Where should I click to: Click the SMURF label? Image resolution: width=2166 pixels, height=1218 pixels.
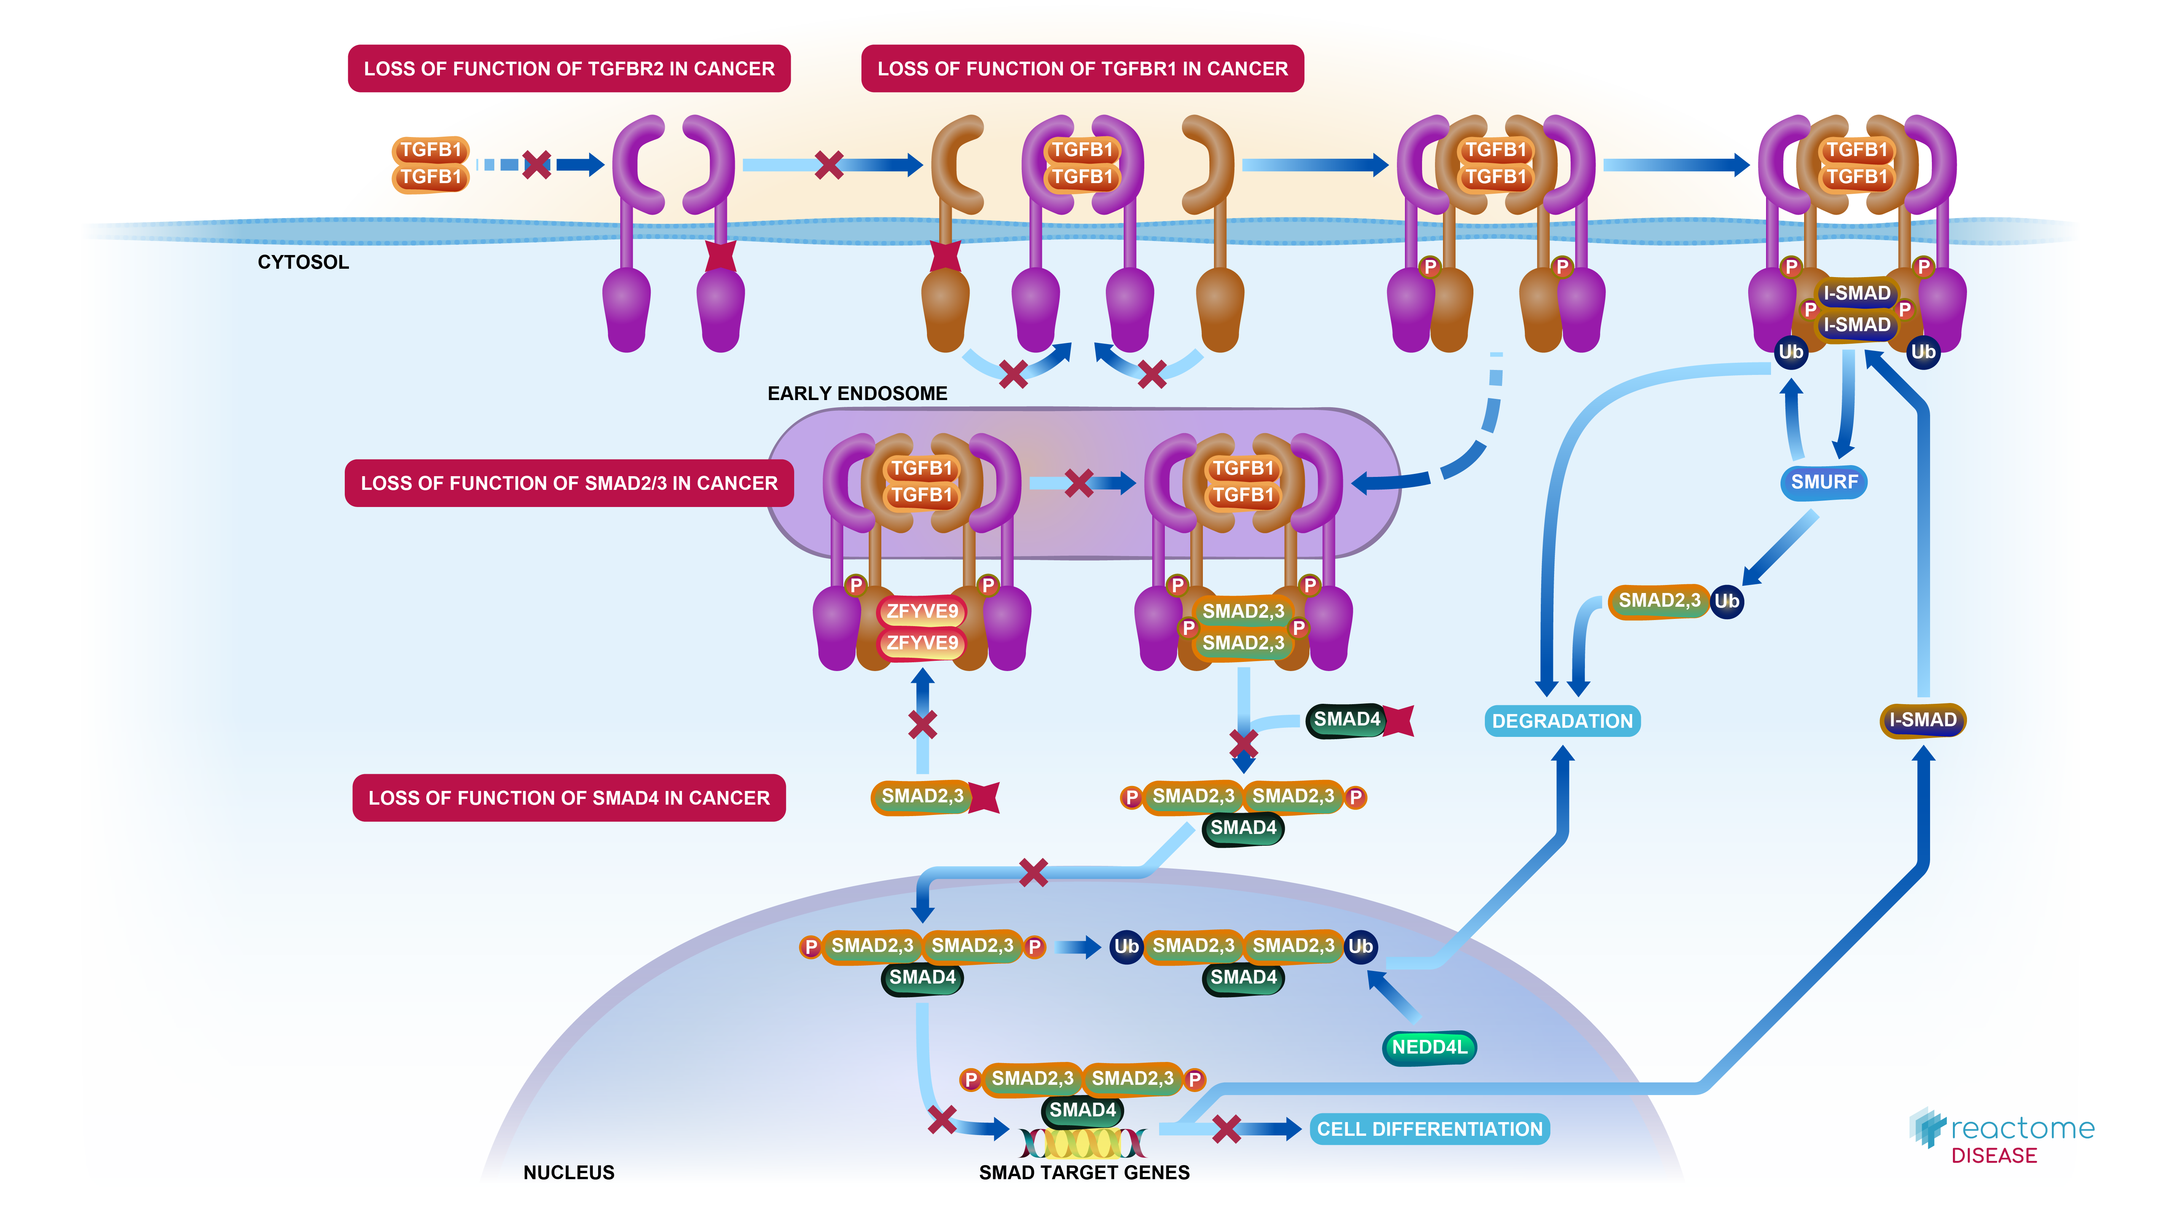click(x=1823, y=482)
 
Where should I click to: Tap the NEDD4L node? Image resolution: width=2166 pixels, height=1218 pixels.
click(x=1429, y=1047)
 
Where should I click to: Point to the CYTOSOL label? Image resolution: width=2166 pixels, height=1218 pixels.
click(x=303, y=263)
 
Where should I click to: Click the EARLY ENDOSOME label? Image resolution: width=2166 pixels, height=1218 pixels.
click(x=857, y=394)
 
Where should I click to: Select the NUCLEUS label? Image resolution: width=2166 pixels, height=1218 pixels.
click(x=569, y=1172)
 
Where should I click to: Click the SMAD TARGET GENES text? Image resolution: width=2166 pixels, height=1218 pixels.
click(x=1084, y=1172)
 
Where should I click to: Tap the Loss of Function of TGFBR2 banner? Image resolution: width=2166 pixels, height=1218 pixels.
click(x=569, y=69)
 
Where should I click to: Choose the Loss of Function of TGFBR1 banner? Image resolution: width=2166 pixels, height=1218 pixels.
click(x=1082, y=69)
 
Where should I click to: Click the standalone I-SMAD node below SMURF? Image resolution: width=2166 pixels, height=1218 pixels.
click(x=1922, y=720)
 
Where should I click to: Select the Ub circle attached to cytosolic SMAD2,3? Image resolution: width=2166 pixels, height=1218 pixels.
click(x=1726, y=601)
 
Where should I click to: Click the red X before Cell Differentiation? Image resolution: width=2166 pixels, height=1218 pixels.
click(x=1227, y=1129)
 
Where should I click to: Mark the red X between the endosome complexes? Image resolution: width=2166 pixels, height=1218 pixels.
click(x=1079, y=483)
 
